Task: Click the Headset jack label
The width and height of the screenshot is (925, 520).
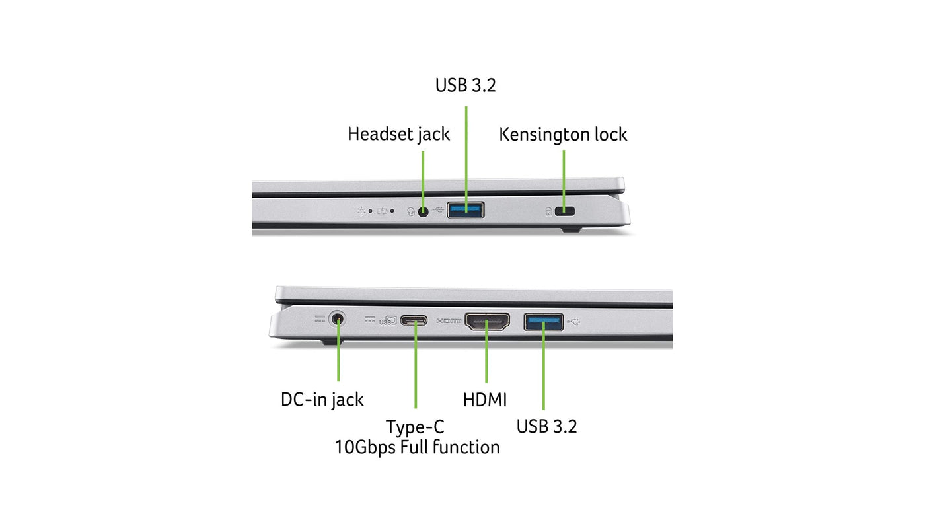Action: [398, 135]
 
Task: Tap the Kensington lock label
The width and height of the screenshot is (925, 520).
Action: [563, 135]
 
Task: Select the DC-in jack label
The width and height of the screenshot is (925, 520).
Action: [322, 400]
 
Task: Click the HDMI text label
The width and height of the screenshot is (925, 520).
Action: [485, 400]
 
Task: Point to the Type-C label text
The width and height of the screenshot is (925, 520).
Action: [415, 427]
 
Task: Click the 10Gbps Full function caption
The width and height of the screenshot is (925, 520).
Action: [417, 447]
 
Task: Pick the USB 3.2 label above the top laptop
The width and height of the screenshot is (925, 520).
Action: [465, 85]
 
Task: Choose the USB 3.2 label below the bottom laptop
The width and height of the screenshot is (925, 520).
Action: [546, 427]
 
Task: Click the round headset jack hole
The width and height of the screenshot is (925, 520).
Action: [423, 212]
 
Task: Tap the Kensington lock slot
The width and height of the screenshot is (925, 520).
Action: [564, 211]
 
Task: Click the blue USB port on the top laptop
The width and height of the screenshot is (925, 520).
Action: [465, 210]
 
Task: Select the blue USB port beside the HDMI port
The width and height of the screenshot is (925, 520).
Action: [543, 322]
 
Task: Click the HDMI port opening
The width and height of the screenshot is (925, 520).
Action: [488, 321]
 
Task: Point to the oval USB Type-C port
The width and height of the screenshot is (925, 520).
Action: [414, 320]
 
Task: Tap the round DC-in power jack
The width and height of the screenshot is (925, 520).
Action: [338, 319]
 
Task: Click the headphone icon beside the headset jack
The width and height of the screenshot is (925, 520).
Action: [410, 212]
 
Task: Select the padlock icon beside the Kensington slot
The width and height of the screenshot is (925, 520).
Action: [548, 212]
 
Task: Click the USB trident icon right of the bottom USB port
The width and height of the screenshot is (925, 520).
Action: [574, 321]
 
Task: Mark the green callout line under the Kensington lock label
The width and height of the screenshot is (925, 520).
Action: [564, 178]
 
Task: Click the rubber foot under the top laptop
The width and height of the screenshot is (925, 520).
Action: [571, 229]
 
